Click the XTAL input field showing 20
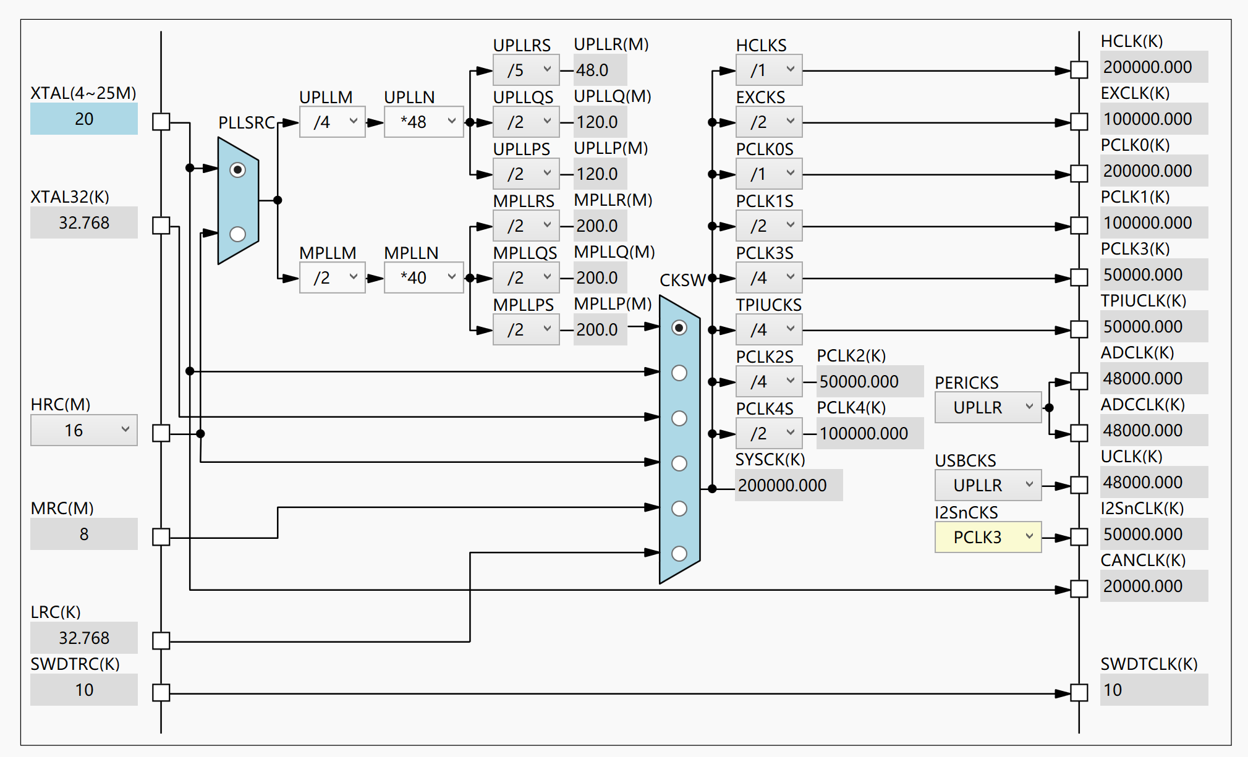click(x=84, y=119)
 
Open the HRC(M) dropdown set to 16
click(x=84, y=430)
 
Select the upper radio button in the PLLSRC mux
click(x=237, y=170)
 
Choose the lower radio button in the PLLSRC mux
click(x=237, y=234)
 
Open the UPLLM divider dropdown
click(x=332, y=122)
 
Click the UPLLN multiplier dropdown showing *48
click(x=423, y=122)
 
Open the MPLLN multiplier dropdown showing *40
click(x=423, y=277)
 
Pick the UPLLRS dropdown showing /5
click(x=526, y=70)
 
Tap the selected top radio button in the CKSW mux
click(x=679, y=328)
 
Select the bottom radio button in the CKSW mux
click(x=679, y=554)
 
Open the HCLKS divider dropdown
click(x=769, y=70)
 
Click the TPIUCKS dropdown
click(x=769, y=329)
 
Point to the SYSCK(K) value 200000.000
click(x=788, y=485)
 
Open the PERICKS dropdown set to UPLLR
click(x=988, y=407)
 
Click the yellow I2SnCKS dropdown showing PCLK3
click(x=988, y=537)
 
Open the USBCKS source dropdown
click(x=988, y=485)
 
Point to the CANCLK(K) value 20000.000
click(x=1153, y=586)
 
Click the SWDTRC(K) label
click(x=75, y=664)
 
